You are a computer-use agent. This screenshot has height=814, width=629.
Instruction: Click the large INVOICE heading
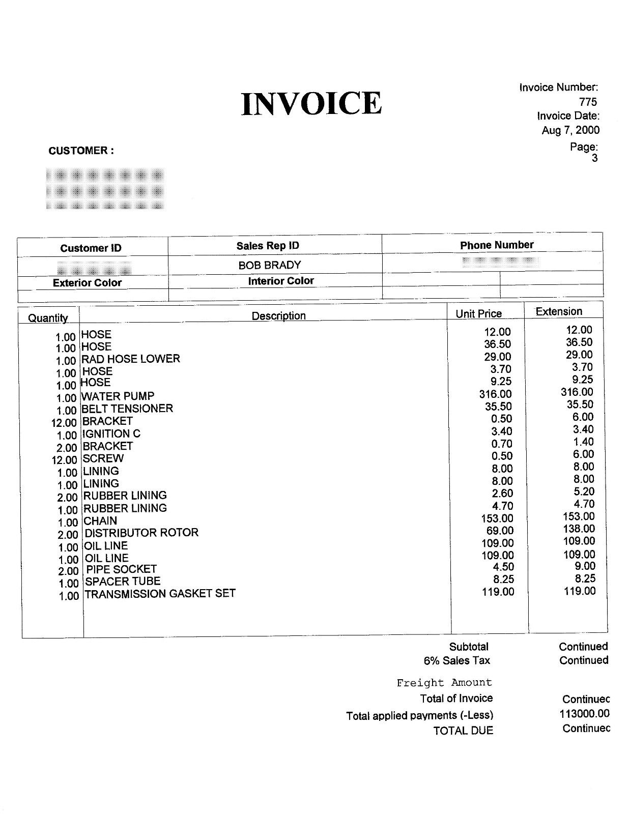311,103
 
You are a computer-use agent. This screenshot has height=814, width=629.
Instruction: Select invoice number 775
588,102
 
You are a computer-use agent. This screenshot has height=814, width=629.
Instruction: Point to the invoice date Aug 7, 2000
570,130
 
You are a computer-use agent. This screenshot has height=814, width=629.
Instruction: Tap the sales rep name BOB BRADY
270,265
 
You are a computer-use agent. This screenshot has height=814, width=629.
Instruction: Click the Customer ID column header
91,248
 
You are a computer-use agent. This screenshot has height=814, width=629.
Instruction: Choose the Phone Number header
497,245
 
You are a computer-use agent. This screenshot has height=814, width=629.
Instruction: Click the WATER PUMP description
118,396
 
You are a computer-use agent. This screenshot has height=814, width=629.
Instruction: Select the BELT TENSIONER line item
127,409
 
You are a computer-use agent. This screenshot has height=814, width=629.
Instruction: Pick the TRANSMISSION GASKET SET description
160,594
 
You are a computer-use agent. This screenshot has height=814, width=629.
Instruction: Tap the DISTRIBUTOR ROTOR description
141,533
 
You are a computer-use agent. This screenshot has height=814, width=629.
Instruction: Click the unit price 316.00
495,394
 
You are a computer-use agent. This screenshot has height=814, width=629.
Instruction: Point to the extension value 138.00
579,529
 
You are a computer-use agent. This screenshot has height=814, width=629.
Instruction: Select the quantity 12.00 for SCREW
64,460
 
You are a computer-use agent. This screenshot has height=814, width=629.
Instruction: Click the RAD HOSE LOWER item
131,359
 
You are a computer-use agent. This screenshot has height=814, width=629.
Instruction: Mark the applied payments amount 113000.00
584,714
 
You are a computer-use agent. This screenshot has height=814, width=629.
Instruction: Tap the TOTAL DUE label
463,731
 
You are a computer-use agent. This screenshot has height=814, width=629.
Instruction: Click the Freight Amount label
444,683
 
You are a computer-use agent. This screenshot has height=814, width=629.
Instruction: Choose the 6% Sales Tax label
456,661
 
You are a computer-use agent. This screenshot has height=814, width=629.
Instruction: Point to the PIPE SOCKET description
121,569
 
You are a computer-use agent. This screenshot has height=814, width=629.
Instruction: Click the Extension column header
559,311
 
